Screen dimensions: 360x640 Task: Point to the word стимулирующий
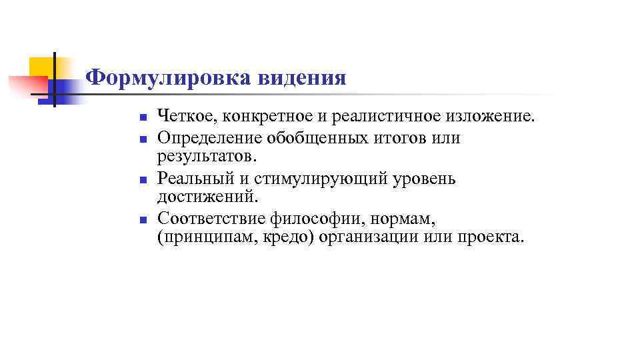[x=303, y=179]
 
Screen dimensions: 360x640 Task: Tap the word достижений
[x=205, y=197]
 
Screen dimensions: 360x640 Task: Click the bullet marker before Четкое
[x=142, y=119]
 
